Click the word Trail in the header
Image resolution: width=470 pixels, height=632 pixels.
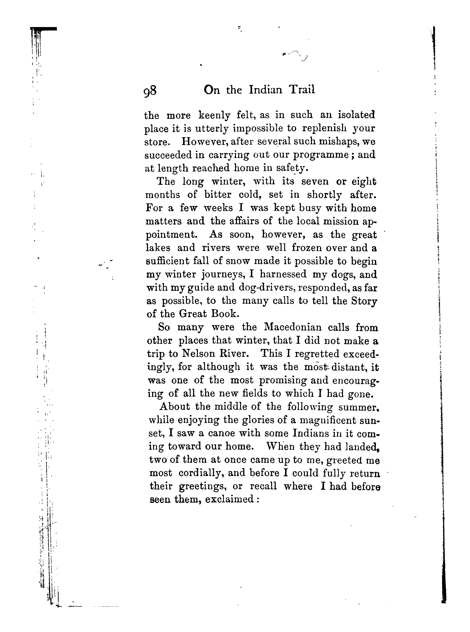(x=302, y=90)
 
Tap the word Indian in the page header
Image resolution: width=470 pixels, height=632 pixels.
(x=266, y=90)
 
